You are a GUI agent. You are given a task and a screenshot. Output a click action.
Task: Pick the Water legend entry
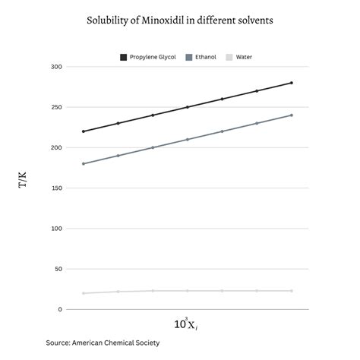click(238, 57)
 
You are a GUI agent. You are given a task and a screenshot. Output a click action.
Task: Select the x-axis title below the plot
click(186, 324)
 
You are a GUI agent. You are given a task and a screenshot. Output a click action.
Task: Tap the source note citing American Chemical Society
click(103, 343)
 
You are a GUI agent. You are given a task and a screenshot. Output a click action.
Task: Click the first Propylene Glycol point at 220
click(84, 131)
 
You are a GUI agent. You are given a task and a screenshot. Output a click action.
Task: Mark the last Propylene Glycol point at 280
click(291, 83)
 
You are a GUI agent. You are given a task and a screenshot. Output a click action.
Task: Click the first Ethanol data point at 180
click(84, 163)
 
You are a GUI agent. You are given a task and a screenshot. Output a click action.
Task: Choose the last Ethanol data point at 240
click(291, 115)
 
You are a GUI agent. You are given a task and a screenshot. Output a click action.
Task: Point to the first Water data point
click(84, 293)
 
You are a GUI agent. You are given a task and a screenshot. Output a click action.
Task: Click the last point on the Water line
click(291, 291)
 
